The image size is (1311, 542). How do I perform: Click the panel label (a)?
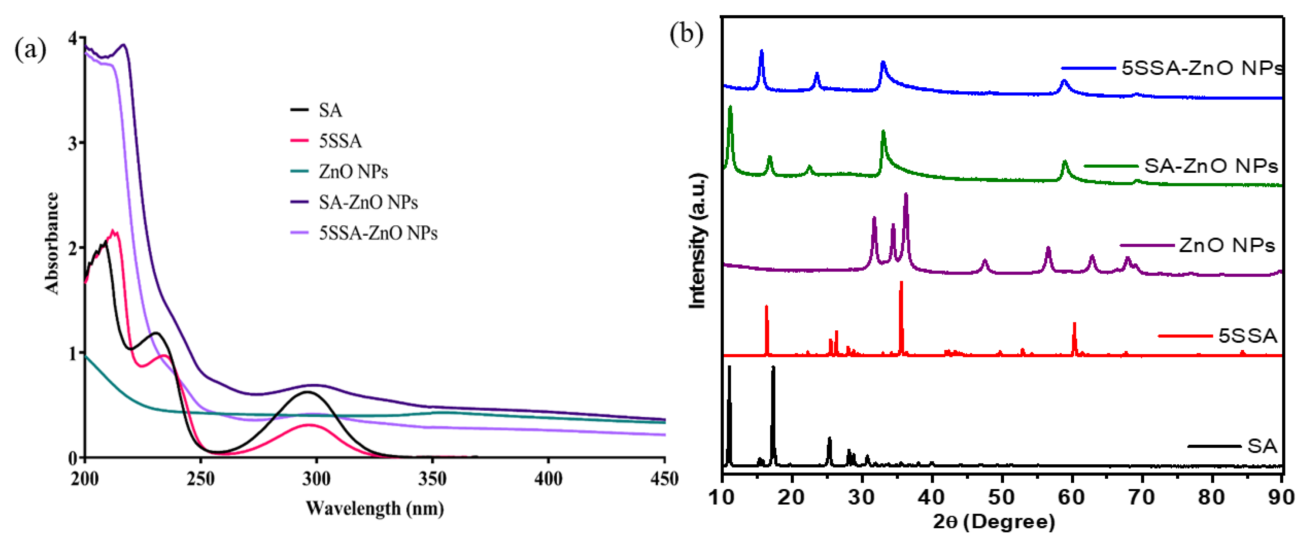point(31,50)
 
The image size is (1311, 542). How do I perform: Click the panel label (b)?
point(686,34)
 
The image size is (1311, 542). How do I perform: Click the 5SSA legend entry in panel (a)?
point(340,141)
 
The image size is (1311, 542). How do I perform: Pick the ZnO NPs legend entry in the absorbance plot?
point(353,172)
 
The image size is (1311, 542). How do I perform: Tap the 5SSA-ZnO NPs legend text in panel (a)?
point(378,233)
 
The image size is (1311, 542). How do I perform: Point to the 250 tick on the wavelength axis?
point(200,479)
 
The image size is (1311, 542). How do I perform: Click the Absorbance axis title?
point(52,243)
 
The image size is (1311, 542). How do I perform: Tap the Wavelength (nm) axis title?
point(375,508)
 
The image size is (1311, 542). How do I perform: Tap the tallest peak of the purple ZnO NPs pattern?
point(905,195)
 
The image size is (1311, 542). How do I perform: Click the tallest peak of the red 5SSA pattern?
point(901,282)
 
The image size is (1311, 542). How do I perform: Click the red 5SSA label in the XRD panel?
point(1247,336)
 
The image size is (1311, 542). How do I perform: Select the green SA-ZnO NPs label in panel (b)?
point(1211,166)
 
